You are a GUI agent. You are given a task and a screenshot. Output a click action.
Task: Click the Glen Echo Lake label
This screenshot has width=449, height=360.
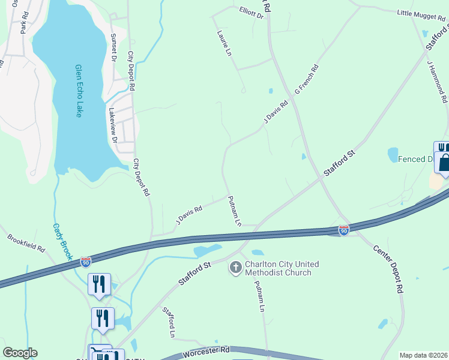point(78,91)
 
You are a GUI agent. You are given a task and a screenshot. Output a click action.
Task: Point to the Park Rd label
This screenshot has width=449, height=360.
point(25,23)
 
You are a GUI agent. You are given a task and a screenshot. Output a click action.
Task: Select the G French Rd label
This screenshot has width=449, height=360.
point(306,79)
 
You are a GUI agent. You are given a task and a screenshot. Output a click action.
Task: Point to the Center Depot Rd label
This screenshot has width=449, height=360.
point(388,268)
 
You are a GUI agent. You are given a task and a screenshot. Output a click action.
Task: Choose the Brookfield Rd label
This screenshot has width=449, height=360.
point(26,242)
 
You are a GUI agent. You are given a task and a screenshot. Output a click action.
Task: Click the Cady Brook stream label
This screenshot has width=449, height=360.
point(62,241)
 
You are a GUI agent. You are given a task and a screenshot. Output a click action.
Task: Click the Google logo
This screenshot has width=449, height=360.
point(20,353)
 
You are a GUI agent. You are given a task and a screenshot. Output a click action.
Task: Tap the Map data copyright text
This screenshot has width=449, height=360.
point(423,355)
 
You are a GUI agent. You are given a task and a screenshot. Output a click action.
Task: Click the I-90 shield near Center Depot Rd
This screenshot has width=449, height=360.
point(343,230)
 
